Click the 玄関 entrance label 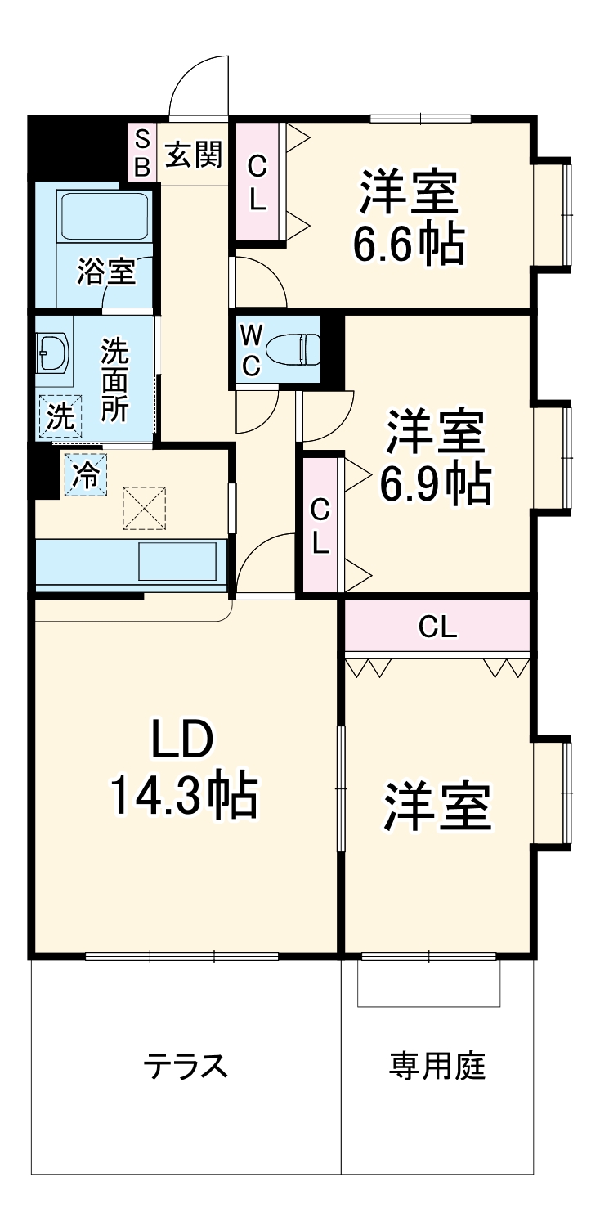(194, 154)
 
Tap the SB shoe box (141, 152)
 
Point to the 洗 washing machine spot (60, 416)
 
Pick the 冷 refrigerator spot (85, 474)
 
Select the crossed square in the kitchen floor (145, 507)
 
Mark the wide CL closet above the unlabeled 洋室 (437, 627)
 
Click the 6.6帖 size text (408, 243)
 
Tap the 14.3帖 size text (183, 796)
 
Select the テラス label (185, 1066)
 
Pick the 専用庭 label (437, 1065)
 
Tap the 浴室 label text (106, 272)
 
